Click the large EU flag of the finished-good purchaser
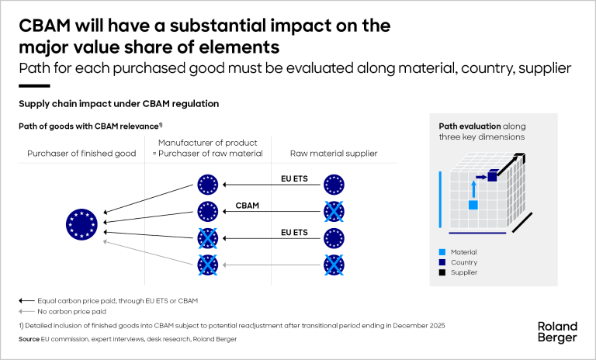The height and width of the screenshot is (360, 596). click(81, 224)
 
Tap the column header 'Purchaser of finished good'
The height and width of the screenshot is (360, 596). click(71, 154)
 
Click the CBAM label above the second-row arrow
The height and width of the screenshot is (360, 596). click(247, 206)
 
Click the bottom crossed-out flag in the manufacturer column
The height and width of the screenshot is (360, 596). click(207, 265)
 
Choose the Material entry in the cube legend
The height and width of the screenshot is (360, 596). click(462, 252)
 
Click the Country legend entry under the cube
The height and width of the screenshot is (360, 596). click(460, 262)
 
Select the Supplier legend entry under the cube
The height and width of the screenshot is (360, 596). click(460, 272)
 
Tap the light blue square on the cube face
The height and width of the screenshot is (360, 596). click(473, 205)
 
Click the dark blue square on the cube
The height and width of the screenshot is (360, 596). click(492, 177)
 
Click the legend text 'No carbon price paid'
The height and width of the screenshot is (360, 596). click(60, 310)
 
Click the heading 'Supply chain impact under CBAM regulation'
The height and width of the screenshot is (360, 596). click(119, 103)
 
